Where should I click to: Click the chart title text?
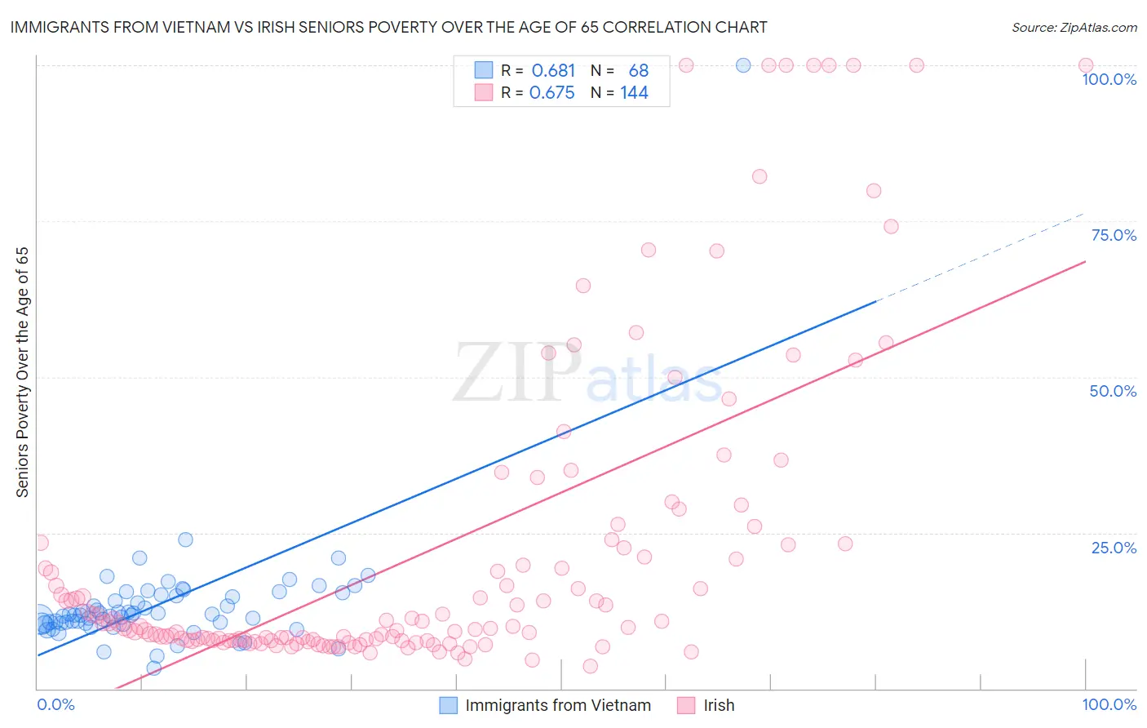tap(388, 27)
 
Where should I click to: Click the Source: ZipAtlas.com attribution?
tap(1074, 27)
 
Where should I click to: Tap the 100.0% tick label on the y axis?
tap(1109, 79)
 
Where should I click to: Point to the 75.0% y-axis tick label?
tap(1114, 235)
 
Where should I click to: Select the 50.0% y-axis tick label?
tap(1113, 391)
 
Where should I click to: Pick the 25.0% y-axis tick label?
tap(1114, 548)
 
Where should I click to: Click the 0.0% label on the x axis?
tap(55, 705)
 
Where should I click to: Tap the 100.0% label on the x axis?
tap(1109, 705)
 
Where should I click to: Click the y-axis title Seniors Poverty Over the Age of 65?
tap(22, 371)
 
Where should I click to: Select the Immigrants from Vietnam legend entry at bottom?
tap(558, 706)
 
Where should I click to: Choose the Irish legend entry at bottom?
tap(719, 706)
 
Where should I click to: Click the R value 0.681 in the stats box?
tap(553, 71)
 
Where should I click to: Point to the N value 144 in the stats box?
tap(634, 93)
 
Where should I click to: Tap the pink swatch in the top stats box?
tap(484, 93)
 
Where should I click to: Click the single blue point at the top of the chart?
tap(743, 65)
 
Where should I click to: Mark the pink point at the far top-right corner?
tap(1086, 65)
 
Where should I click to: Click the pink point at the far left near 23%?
tap(41, 543)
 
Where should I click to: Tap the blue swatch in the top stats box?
tap(484, 71)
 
